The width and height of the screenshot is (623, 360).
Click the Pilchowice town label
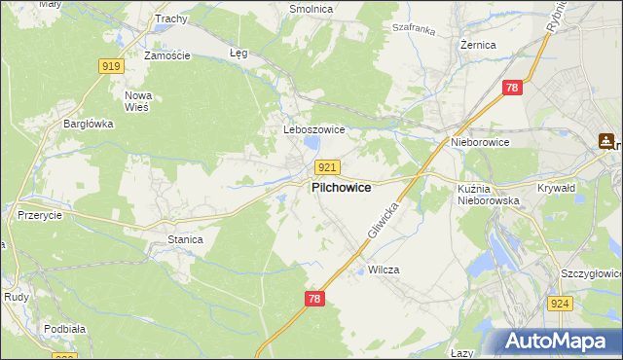coord(341,188)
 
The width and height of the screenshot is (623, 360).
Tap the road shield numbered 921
coord(328,168)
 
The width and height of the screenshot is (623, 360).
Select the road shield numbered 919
coord(111,66)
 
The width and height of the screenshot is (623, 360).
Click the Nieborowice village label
coord(480,142)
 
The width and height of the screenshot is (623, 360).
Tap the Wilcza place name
coord(385,270)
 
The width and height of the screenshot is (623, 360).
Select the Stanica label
coord(185,238)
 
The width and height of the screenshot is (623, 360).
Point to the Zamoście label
coord(166,55)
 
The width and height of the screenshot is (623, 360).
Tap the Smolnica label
coord(311,9)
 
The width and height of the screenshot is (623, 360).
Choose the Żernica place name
coord(478,45)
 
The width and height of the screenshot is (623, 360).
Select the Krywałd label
coord(559,188)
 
